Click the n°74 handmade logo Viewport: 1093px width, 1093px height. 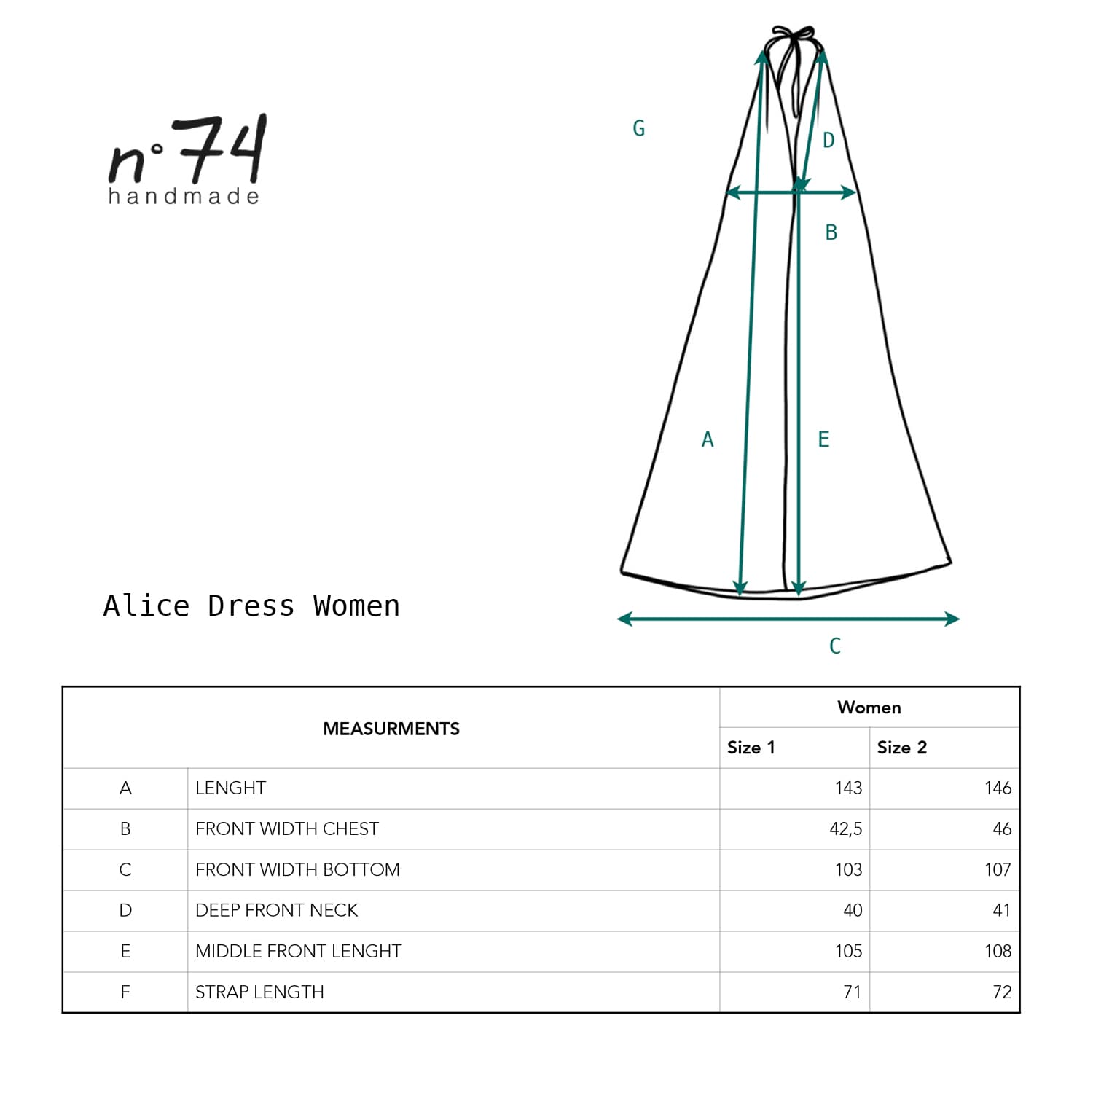tap(187, 160)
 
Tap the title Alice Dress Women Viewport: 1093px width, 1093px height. tap(251, 606)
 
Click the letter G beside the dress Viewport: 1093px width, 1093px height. tap(639, 128)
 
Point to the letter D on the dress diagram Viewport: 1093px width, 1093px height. tap(828, 140)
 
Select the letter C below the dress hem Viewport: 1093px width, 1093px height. tap(835, 646)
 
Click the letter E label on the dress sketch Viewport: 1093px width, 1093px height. tap(823, 439)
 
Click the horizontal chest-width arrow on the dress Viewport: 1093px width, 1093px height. tap(791, 192)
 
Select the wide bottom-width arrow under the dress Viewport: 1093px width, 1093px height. tap(788, 619)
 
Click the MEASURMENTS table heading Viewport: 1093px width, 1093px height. tap(391, 729)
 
